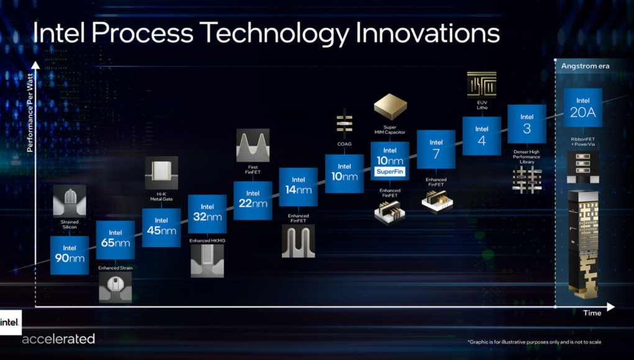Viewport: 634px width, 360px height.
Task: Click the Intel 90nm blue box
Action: pos(70,255)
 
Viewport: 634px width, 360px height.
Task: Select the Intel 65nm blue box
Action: pos(115,240)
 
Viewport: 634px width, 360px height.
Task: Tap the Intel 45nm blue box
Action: pos(161,228)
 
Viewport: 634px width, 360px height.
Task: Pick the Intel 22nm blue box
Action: pos(253,200)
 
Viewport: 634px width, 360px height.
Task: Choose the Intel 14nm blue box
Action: pos(299,187)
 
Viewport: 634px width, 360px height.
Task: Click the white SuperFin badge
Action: pos(390,172)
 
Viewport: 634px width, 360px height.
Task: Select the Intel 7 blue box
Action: pos(436,149)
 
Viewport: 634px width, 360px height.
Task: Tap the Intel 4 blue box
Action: pos(482,136)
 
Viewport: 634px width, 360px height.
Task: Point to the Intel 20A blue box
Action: pos(583,107)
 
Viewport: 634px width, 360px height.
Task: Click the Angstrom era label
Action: pos(585,66)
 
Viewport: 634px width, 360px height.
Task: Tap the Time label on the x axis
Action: pos(592,313)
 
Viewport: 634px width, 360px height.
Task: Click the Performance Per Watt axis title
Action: pos(30,113)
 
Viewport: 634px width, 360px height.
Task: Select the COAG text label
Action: pos(344,144)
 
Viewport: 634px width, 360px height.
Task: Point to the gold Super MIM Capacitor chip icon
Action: pos(390,107)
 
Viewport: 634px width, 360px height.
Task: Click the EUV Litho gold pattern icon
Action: pos(482,84)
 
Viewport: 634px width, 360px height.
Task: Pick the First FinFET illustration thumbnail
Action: pos(253,145)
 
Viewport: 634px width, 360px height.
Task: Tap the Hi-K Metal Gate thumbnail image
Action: pos(161,173)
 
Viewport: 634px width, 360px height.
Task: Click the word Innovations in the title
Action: pos(427,33)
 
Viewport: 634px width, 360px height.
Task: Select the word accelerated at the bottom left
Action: pos(58,338)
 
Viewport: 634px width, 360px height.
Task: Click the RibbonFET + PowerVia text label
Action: pos(583,142)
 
